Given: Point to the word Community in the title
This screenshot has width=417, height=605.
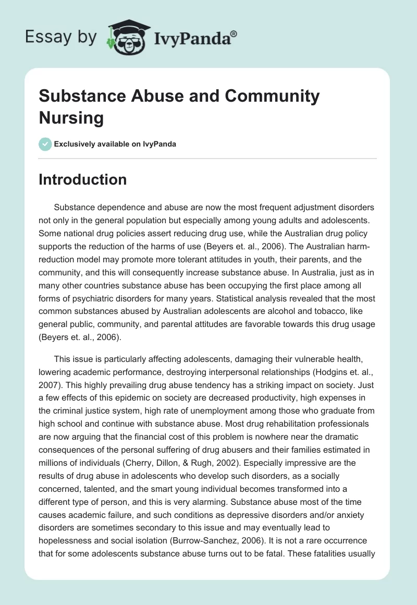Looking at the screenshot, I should (x=272, y=96).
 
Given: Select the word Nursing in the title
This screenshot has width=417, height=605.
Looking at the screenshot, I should (x=71, y=117).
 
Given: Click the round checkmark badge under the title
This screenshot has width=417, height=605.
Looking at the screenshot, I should (x=45, y=144).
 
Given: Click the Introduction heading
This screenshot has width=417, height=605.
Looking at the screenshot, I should (x=83, y=179).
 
